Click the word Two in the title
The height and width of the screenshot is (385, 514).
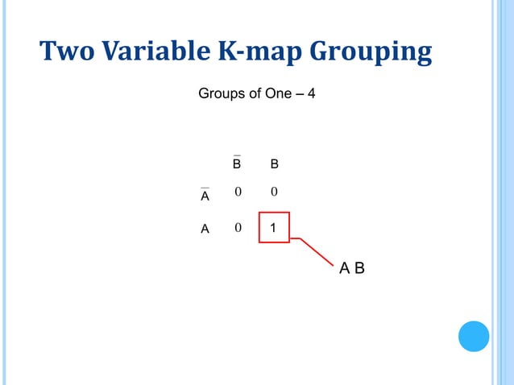point(66,52)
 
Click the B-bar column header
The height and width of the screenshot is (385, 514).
point(237,164)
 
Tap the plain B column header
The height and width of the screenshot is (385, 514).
point(274,164)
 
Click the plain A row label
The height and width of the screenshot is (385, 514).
point(205,229)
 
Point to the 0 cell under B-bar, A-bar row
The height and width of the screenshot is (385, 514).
point(237,192)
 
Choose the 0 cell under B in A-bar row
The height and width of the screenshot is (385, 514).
point(274,192)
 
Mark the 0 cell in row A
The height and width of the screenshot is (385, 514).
point(237,228)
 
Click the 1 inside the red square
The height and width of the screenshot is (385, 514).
point(274,228)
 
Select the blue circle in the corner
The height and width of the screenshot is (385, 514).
point(474,336)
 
